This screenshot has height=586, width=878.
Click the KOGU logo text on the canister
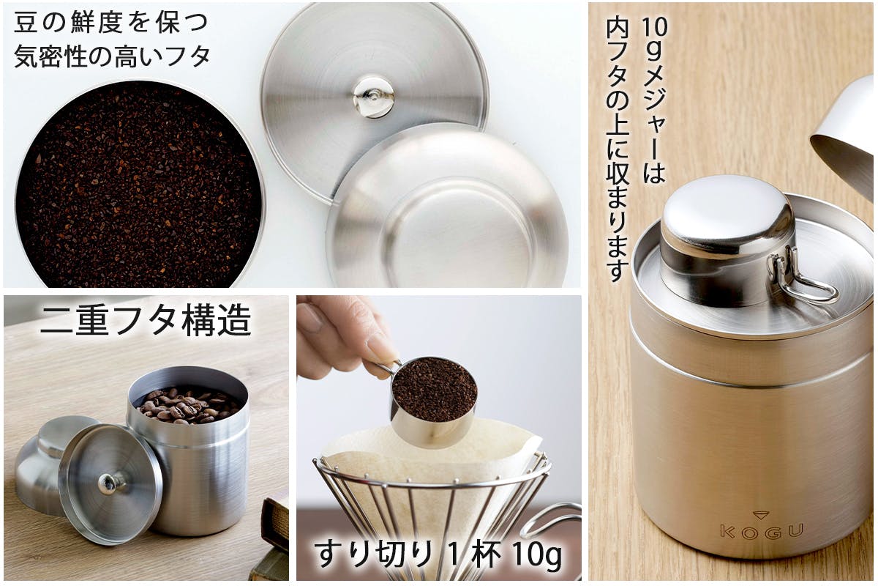[x=762, y=532]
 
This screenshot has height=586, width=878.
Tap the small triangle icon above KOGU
[x=761, y=515]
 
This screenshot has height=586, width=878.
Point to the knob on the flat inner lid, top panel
[x=373, y=97]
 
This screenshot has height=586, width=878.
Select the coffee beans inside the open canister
[x=187, y=404]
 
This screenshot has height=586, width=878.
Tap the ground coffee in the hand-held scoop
[x=435, y=388]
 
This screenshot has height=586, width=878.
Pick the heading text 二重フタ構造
[x=146, y=321]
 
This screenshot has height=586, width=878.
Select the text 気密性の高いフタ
[x=112, y=56]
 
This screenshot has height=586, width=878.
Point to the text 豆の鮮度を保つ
[x=110, y=23]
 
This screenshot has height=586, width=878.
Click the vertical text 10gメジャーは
[x=654, y=101]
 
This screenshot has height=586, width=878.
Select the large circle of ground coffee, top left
[x=139, y=185]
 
